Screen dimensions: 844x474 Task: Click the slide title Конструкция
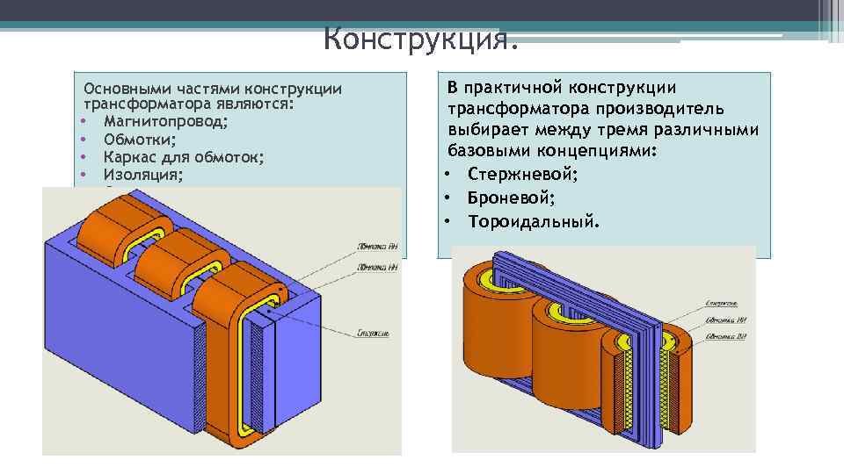pos(422,39)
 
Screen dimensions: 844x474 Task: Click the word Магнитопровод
pos(165,121)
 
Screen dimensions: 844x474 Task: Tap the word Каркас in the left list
pos(127,157)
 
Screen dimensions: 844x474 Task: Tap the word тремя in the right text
pos(655,130)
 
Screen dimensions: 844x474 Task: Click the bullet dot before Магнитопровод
pos(82,121)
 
